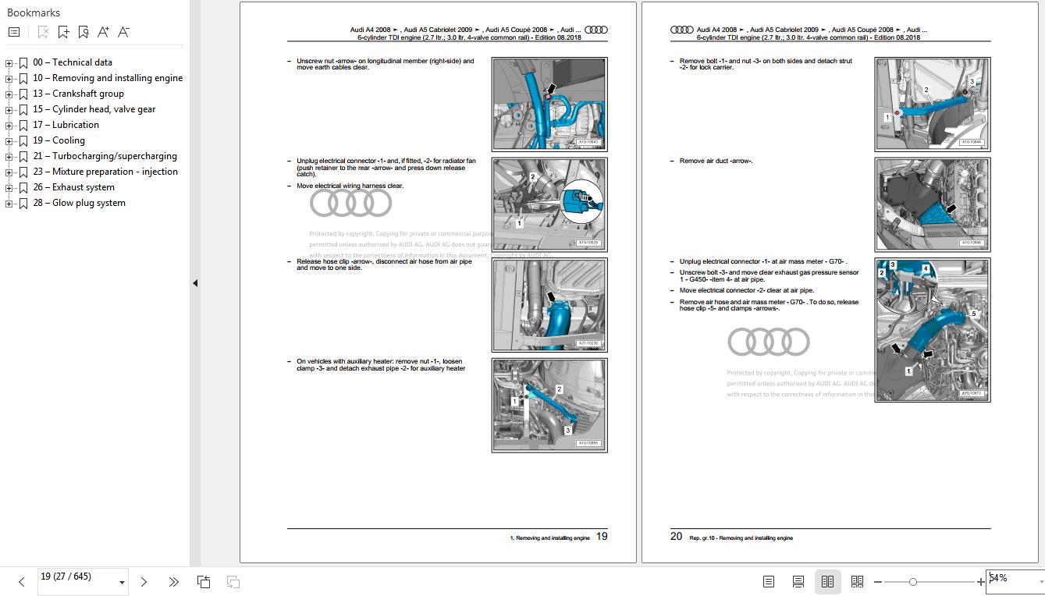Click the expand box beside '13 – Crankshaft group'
tap(9, 94)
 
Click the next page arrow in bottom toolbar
tap(144, 582)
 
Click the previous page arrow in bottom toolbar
tap(21, 582)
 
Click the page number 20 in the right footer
tap(676, 537)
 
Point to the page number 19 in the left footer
tap(602, 537)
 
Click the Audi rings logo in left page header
tap(595, 30)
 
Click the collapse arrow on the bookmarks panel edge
tap(195, 283)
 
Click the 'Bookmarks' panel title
tap(34, 12)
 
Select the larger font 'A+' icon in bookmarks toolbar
tap(103, 32)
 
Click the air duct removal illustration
tap(932, 204)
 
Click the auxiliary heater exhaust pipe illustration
tap(549, 405)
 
